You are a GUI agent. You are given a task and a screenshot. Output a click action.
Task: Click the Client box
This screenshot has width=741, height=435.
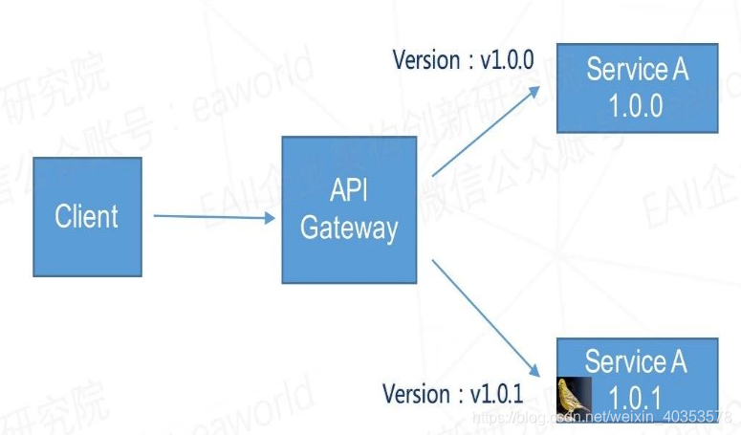pyautogui.click(x=87, y=217)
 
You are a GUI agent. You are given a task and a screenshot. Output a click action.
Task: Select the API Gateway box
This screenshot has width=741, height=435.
pyautogui.click(x=349, y=209)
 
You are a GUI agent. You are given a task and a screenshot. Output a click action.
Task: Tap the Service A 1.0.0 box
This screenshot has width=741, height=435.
pyautogui.click(x=637, y=87)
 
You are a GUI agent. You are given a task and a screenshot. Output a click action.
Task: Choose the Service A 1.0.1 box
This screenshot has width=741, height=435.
pyautogui.click(x=637, y=377)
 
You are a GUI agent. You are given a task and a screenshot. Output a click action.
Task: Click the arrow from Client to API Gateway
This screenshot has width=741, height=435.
pyautogui.click(x=213, y=217)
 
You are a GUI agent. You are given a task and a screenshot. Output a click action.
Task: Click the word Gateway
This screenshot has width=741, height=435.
pyautogui.click(x=349, y=229)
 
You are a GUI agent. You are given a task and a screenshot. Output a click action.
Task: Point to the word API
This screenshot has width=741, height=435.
pyautogui.click(x=349, y=190)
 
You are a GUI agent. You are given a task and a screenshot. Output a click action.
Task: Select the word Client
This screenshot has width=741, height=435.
pyautogui.click(x=87, y=217)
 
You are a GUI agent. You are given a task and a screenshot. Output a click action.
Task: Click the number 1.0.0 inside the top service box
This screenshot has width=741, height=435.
pyautogui.click(x=637, y=105)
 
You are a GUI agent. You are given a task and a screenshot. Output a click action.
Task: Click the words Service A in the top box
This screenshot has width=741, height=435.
pyautogui.click(x=637, y=70)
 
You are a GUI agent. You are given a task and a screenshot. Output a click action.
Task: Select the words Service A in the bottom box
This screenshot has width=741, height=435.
pyautogui.click(x=637, y=361)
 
